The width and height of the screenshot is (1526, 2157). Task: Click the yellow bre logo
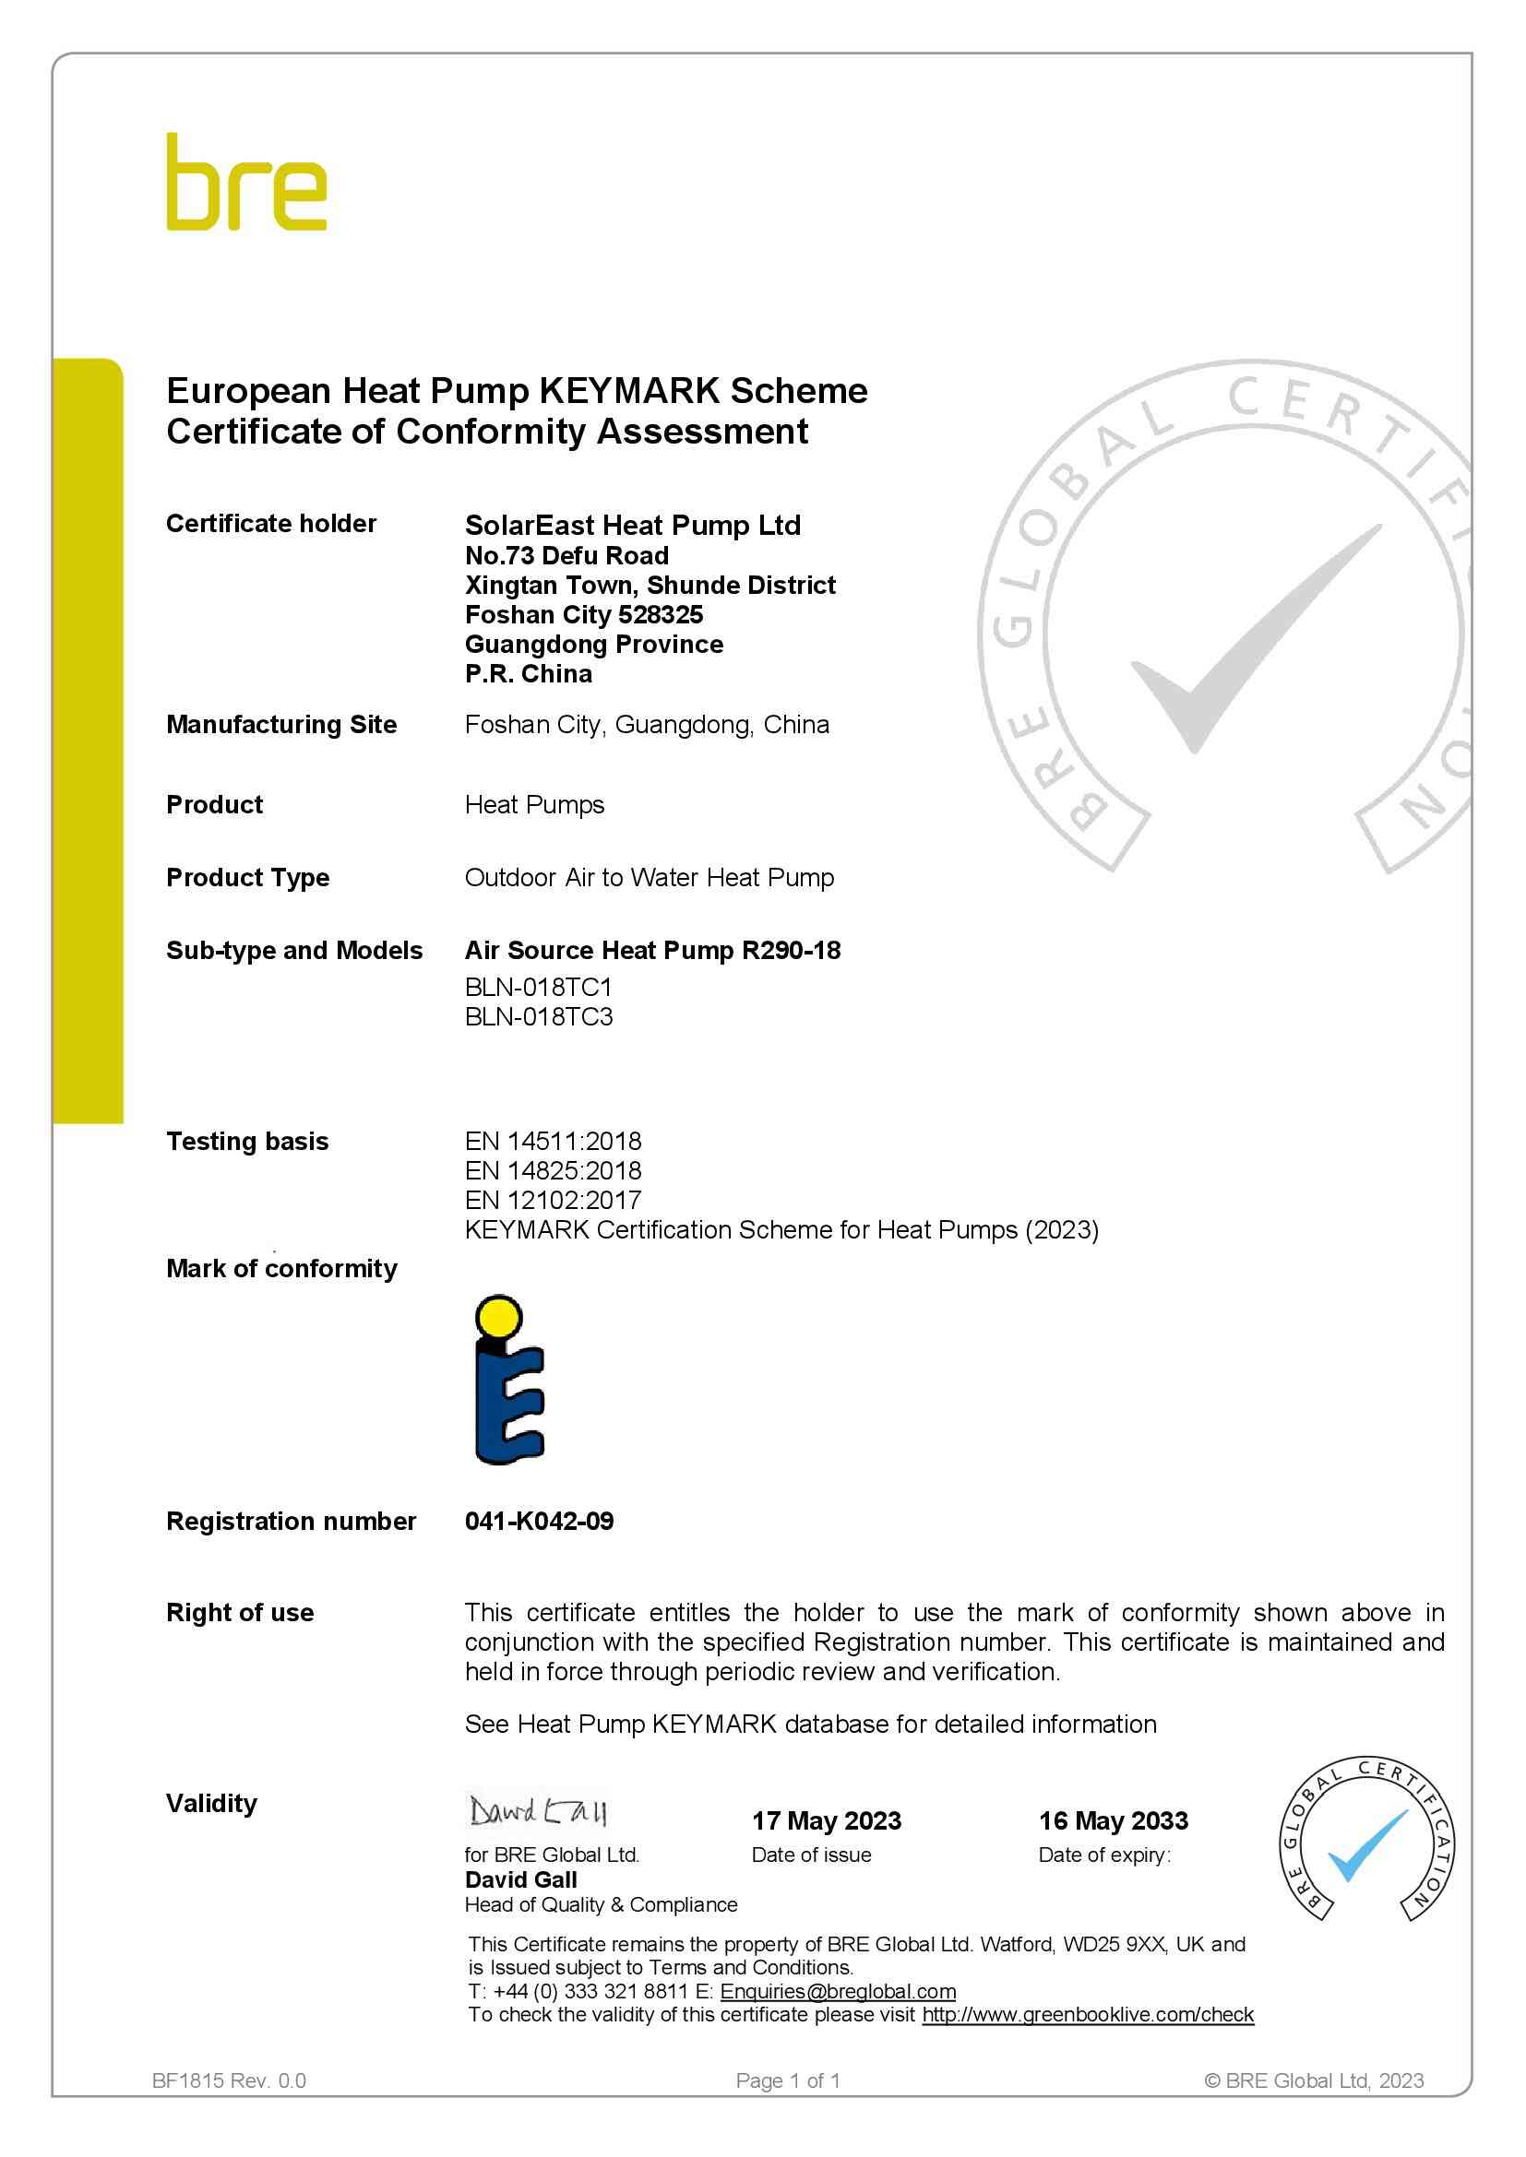[x=246, y=183]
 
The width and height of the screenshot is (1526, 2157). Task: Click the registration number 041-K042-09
[x=539, y=1521]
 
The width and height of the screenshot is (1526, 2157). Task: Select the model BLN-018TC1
[x=538, y=988]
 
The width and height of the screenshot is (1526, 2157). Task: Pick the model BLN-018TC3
[x=539, y=1016]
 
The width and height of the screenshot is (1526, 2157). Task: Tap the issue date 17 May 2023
[x=826, y=1820]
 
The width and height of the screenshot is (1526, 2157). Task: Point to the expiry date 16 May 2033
[x=1114, y=1820]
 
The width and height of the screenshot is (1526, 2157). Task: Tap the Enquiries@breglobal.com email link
[x=838, y=1991]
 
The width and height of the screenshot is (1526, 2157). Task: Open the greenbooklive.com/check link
[x=1088, y=2014]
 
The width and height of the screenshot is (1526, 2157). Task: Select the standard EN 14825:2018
[x=554, y=1170]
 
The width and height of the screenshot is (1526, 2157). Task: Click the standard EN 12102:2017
[x=554, y=1200]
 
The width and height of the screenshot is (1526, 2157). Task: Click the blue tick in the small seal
[x=1366, y=1849]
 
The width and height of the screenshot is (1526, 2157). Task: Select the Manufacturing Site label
[x=281, y=724]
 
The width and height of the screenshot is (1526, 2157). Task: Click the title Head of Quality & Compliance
[x=601, y=1904]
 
